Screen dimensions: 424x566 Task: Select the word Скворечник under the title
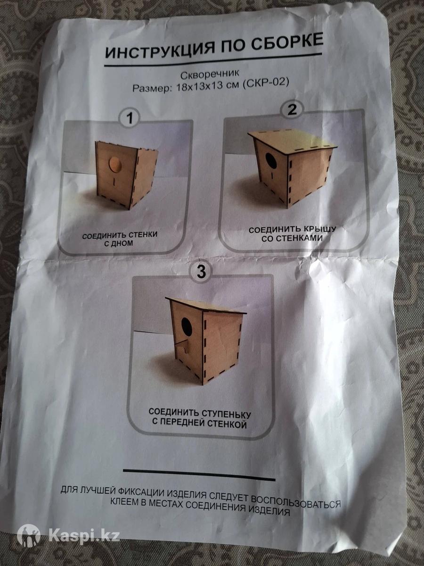(x=210, y=74)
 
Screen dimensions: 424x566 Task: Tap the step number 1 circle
(x=130, y=119)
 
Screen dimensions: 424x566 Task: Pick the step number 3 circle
(x=201, y=272)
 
